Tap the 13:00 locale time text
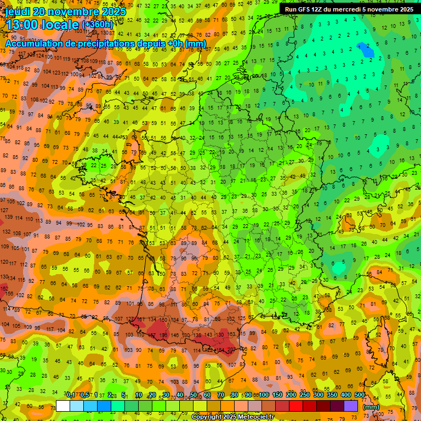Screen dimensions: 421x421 (x=42, y=25)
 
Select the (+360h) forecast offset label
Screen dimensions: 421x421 (x=98, y=24)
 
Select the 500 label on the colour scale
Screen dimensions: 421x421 (x=359, y=395)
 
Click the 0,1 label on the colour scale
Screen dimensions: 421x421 (x=71, y=395)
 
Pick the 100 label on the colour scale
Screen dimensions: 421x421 (x=264, y=395)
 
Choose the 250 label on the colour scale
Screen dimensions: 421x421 (x=305, y=395)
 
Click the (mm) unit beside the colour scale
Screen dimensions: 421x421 (x=371, y=407)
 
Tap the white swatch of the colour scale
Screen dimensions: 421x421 (x=63, y=406)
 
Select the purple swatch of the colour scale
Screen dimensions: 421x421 (x=351, y=406)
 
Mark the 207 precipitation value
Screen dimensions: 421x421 (x=233, y=350)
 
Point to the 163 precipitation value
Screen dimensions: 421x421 (x=232, y=334)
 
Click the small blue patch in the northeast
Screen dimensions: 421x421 (x=366, y=50)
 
